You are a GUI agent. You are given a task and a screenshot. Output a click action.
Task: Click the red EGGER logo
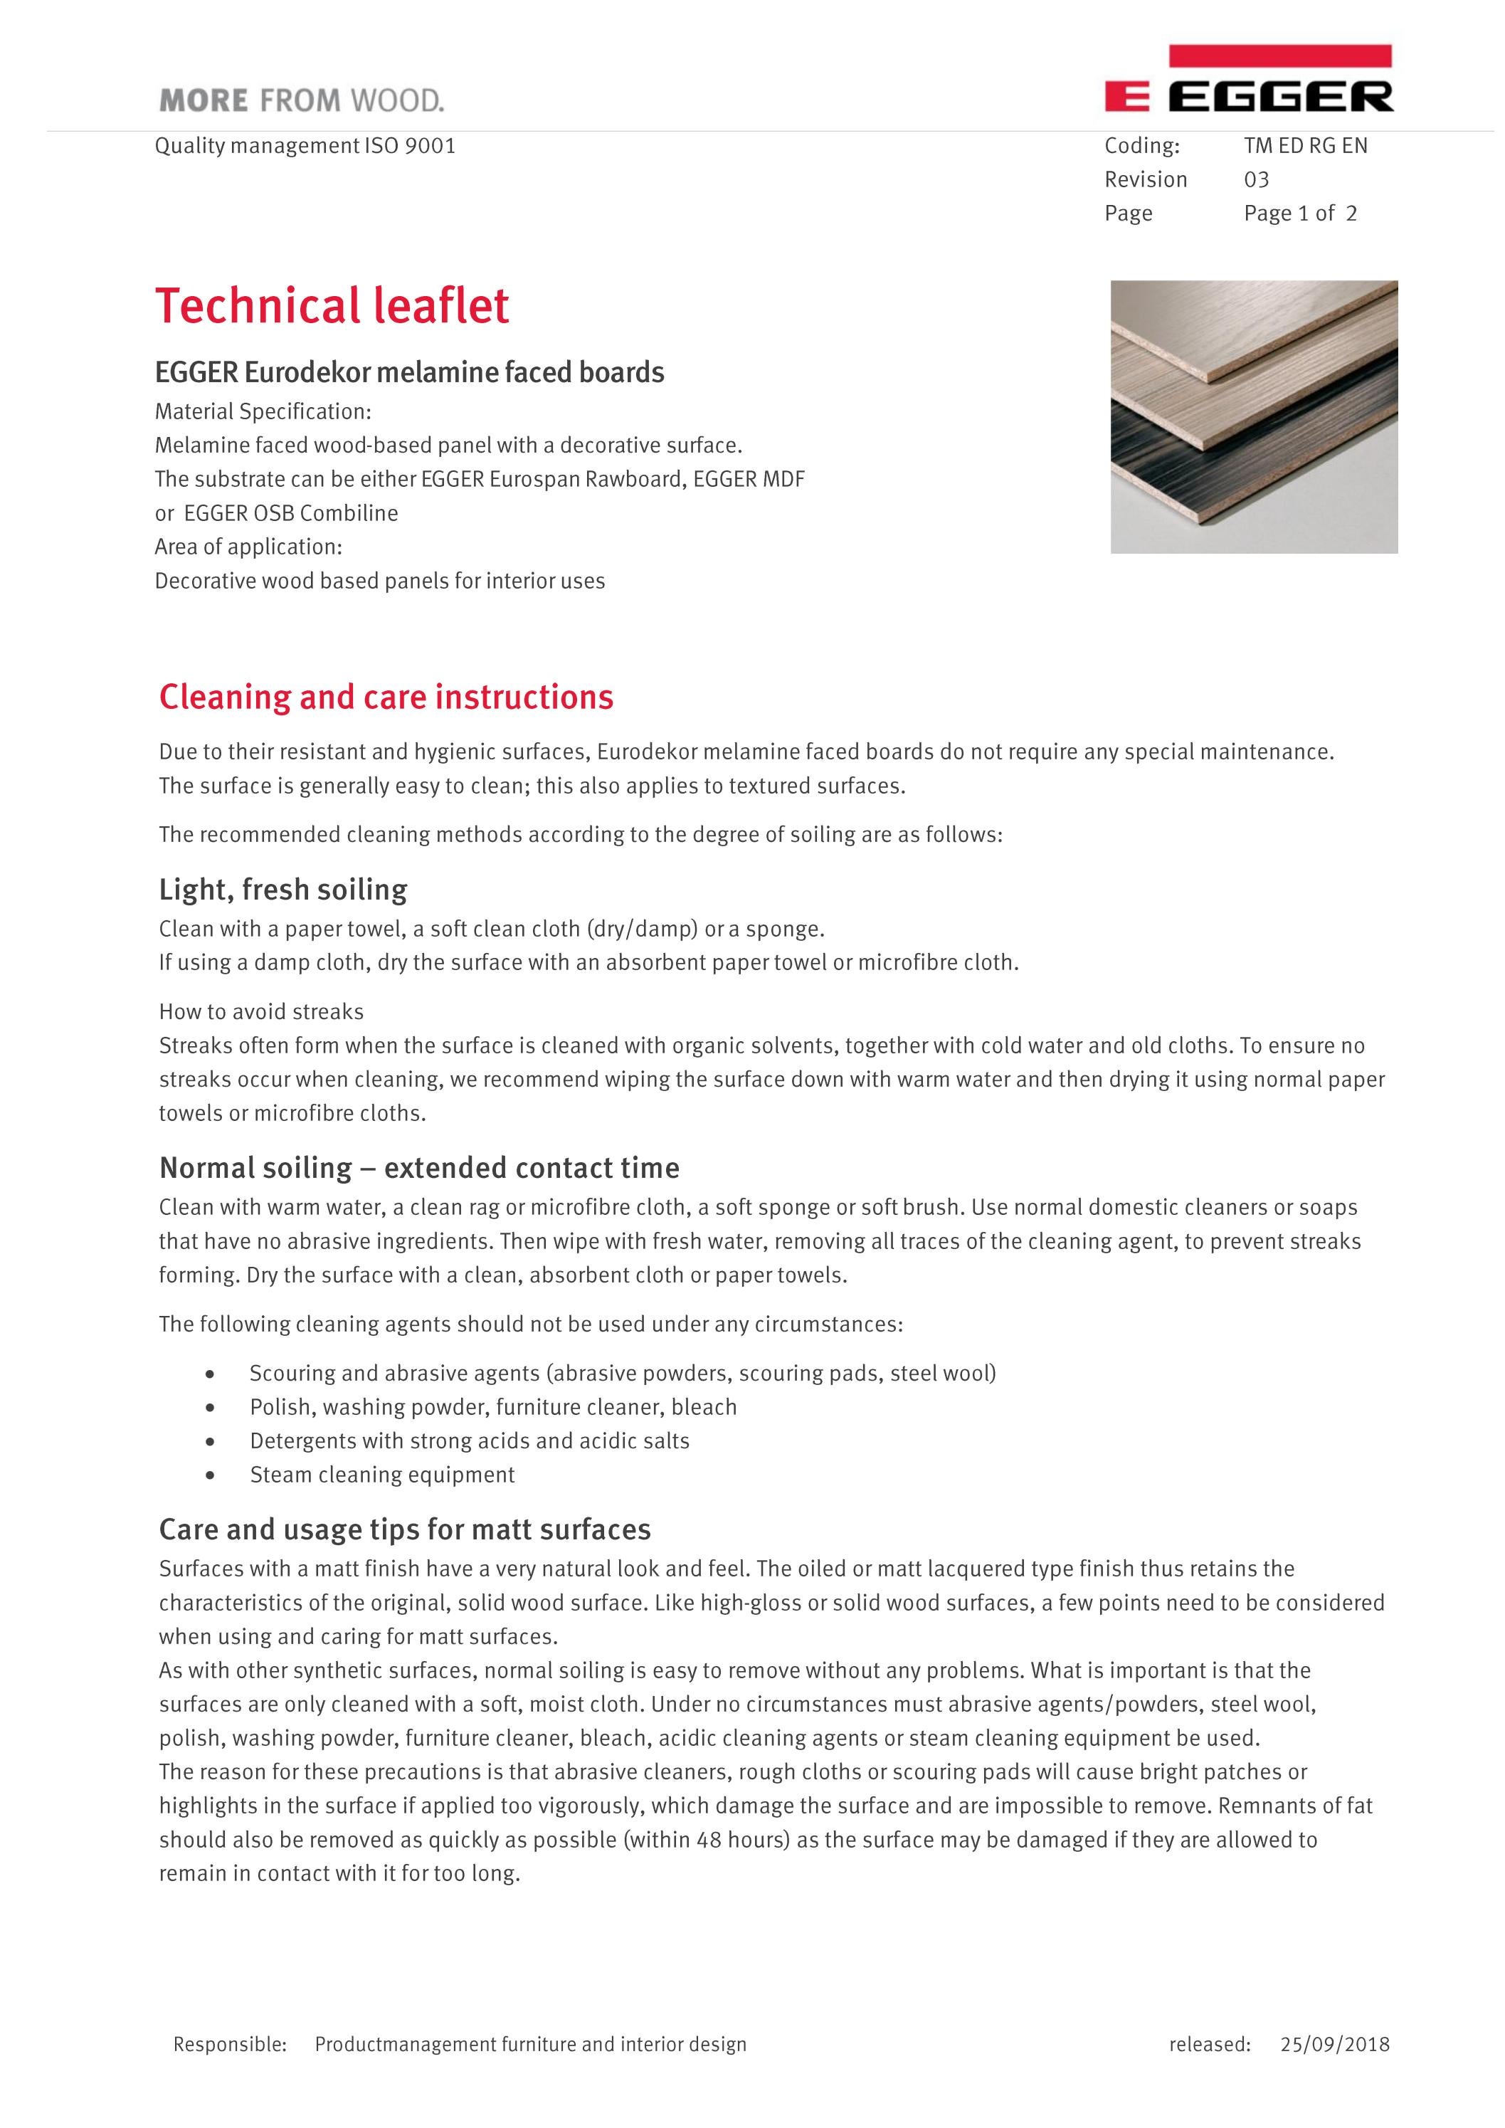click(x=1248, y=82)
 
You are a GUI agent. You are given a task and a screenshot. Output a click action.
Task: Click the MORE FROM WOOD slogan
click(x=301, y=100)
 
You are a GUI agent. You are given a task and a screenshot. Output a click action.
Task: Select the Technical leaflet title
click(x=332, y=306)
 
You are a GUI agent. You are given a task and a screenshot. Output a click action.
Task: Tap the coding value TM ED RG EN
click(x=1305, y=145)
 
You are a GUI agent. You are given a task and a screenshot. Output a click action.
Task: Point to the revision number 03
click(x=1256, y=180)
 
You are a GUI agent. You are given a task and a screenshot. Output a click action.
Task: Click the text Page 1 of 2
click(x=1299, y=214)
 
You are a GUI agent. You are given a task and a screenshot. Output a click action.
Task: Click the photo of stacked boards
click(x=1253, y=416)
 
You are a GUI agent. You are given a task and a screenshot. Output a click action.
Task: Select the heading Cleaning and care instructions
click(x=386, y=697)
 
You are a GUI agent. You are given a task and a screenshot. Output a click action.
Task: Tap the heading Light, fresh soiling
click(x=282, y=889)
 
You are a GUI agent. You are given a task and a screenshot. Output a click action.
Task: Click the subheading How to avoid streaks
click(x=261, y=1011)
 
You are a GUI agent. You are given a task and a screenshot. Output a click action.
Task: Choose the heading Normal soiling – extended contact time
click(x=419, y=1167)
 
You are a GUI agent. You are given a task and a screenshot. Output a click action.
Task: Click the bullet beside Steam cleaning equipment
click(x=212, y=1475)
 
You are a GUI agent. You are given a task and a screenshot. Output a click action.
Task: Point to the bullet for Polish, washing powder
click(x=212, y=1407)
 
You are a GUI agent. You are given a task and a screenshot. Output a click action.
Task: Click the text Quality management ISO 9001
click(x=305, y=145)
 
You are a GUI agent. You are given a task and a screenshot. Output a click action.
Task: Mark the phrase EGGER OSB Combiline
click(x=291, y=513)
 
